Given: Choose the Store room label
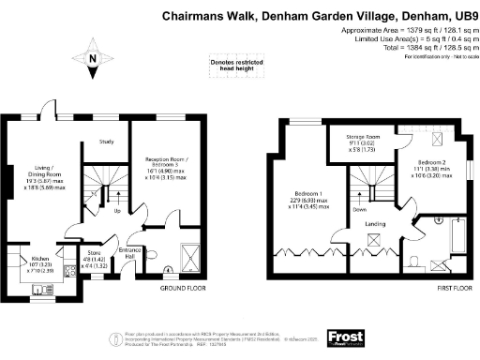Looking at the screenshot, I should click(x=94, y=256).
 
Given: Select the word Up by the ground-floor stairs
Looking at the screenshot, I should click(x=116, y=210).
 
